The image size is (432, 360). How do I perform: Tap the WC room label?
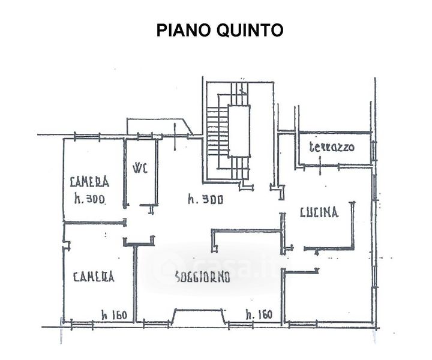click(x=140, y=167)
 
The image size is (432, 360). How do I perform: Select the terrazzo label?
click(x=331, y=147)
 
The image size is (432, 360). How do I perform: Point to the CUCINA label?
click(x=319, y=212)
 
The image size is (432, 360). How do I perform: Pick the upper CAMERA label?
click(x=89, y=181)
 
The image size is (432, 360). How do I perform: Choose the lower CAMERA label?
click(x=94, y=277)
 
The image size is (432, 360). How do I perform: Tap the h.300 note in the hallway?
click(x=205, y=200)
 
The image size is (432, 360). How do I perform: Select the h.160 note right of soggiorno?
click(x=259, y=314)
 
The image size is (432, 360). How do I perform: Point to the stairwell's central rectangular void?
click(x=238, y=130)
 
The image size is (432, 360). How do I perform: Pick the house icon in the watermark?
click(x=169, y=266)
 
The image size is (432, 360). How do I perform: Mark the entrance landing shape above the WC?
click(x=158, y=127)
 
